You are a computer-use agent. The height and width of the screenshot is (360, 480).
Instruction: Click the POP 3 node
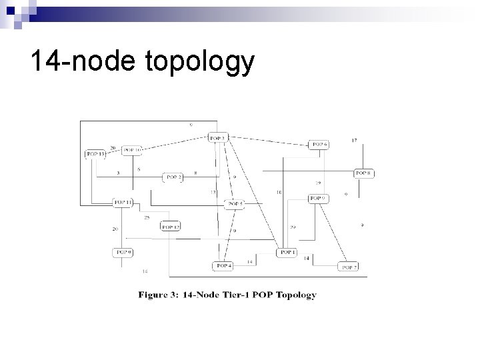pos(218,138)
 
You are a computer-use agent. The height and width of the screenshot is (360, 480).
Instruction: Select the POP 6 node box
pos(319,145)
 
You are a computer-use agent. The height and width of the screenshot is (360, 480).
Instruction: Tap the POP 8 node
pos(363,173)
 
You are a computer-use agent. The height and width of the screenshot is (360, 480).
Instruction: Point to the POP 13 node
pos(95,154)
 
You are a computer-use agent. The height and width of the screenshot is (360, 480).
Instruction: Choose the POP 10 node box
pos(132,150)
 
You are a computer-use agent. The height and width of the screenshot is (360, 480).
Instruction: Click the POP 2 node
pos(173,177)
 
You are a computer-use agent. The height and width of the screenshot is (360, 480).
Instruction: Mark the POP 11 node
pos(122,202)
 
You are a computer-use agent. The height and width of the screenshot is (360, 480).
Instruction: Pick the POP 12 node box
pos(170,227)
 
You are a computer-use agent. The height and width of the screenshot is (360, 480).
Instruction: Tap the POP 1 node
pos(287,252)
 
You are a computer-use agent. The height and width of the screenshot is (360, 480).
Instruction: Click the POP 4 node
pos(223,266)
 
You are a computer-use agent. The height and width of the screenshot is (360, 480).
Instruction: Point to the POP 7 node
pos(349,267)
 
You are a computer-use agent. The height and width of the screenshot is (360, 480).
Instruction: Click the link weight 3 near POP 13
pos(118,173)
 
